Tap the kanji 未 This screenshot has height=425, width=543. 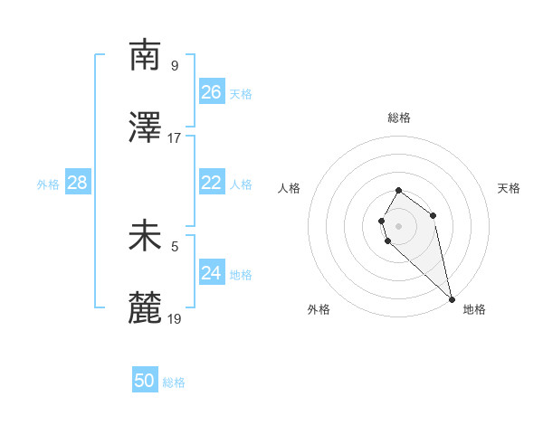tap(146, 236)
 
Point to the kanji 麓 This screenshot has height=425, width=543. tap(146, 308)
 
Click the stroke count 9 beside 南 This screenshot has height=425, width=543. tap(175, 65)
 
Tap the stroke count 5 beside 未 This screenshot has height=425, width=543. tap(175, 246)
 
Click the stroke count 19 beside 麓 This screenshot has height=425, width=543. tap(175, 318)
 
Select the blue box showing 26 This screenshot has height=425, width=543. tap(212, 92)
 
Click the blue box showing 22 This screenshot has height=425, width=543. tap(212, 183)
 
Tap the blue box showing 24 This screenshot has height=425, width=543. tap(212, 273)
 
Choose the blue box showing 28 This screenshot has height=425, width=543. tap(78, 183)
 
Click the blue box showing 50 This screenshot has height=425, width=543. tap(145, 381)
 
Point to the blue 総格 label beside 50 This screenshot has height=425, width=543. tap(175, 382)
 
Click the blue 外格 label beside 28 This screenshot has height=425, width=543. tap(48, 184)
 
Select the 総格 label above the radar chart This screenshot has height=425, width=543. tap(399, 118)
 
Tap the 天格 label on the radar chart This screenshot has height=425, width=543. tap(509, 188)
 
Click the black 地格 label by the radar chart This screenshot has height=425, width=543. tap(474, 309)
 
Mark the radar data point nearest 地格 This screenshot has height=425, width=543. tap(452, 298)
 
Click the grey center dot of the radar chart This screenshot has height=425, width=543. tap(399, 225)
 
